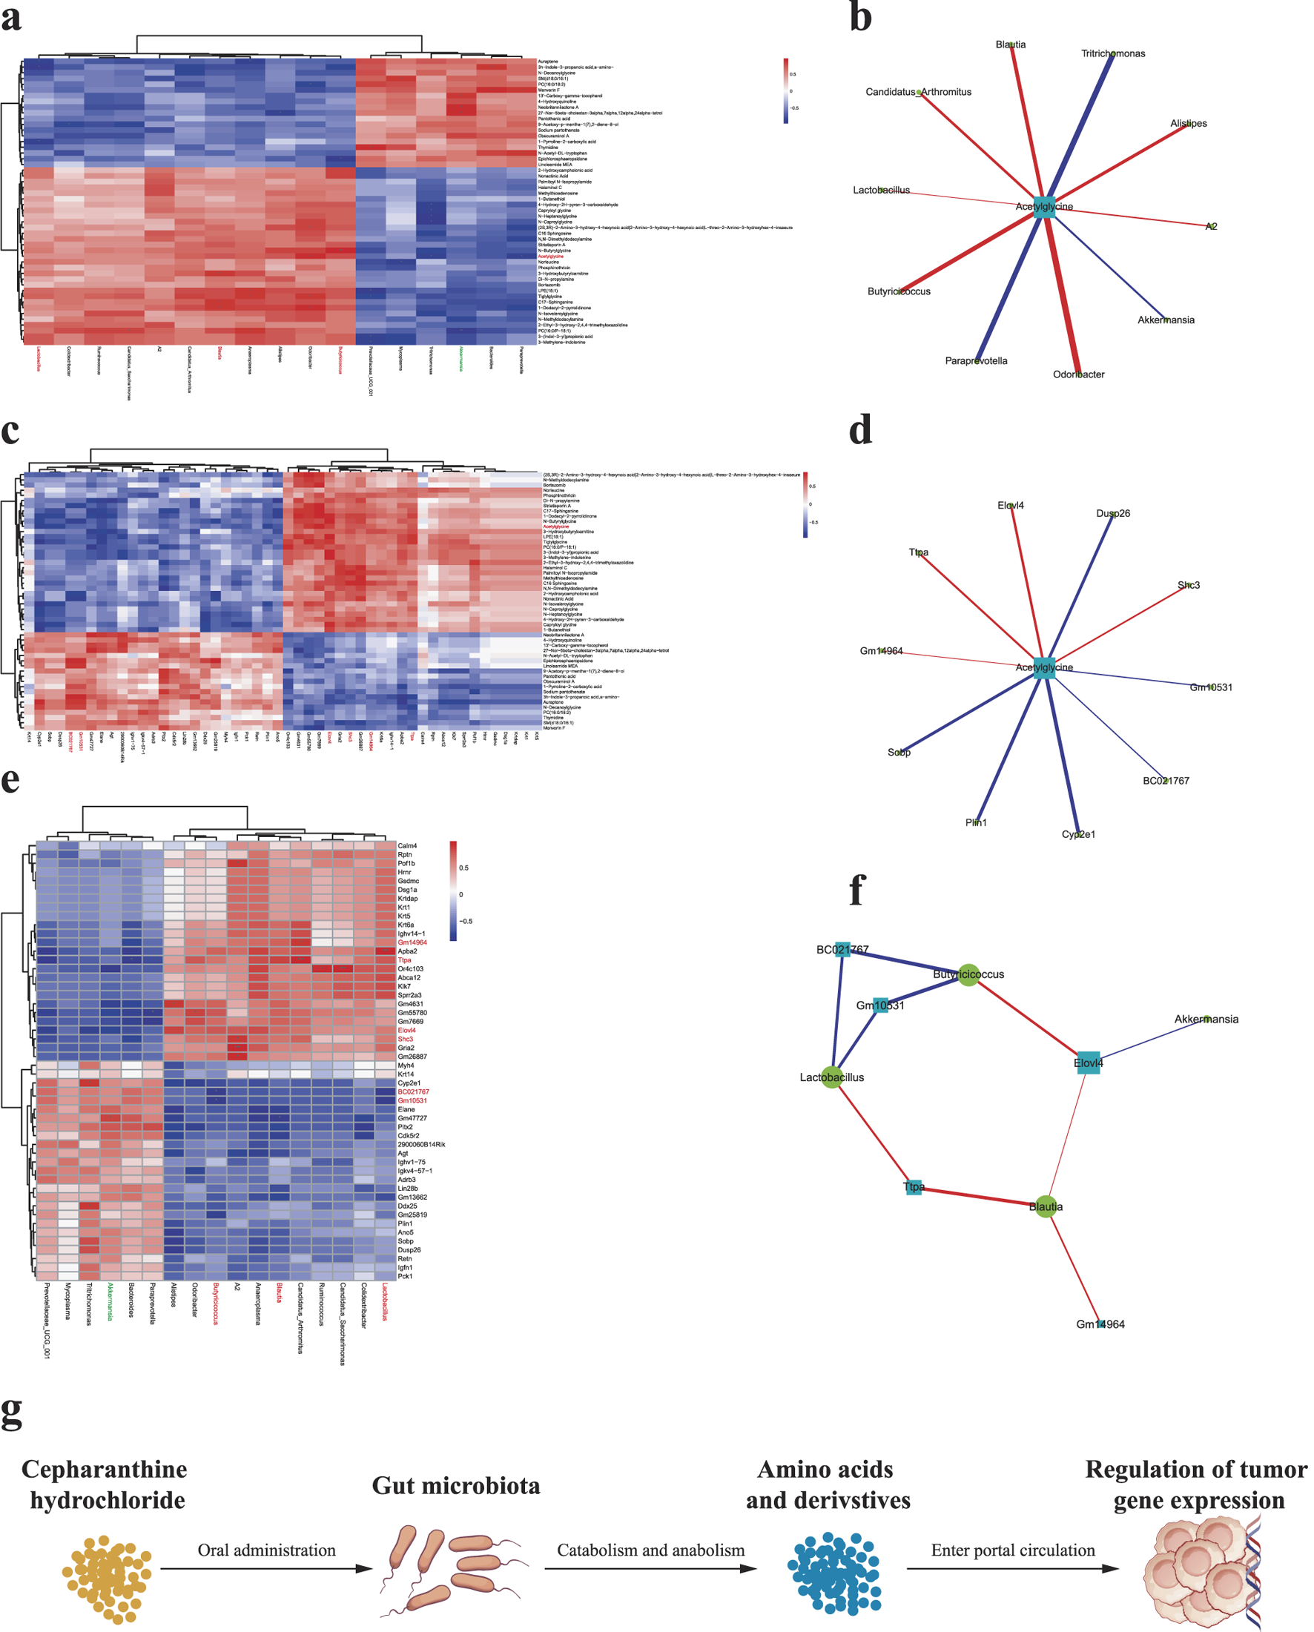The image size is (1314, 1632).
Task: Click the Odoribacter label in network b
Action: [x=1079, y=374]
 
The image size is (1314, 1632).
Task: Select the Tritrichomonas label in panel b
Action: [x=1112, y=53]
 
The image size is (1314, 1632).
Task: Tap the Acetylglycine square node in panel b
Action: [x=1045, y=207]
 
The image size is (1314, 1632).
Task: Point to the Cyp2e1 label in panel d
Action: [x=1079, y=834]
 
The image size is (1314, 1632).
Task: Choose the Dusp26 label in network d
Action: [x=1112, y=513]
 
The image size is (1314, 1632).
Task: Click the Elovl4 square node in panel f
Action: [x=1089, y=1063]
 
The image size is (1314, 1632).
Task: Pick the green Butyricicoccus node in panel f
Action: [x=969, y=974]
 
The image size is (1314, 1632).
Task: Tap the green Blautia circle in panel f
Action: [x=1046, y=1206]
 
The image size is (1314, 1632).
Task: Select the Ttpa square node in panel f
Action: [x=914, y=1187]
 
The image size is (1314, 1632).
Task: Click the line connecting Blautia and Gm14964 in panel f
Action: [x=1073, y=1265]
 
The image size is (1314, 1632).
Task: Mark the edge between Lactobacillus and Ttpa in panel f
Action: [x=873, y=1132]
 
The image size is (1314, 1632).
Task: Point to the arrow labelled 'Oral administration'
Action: [x=266, y=1568]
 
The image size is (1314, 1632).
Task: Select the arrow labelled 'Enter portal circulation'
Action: [x=1013, y=1568]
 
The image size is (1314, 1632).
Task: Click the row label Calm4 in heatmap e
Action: [x=407, y=845]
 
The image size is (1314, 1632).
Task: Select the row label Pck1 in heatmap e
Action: [x=405, y=1276]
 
